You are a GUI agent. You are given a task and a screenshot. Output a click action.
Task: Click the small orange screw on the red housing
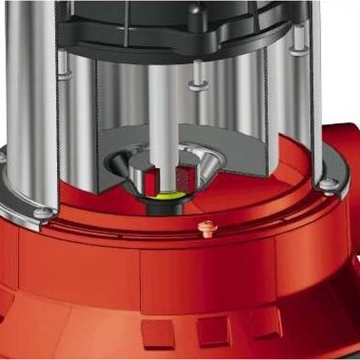[x=208, y=229]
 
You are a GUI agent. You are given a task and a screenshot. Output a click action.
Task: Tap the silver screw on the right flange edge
[x=328, y=184]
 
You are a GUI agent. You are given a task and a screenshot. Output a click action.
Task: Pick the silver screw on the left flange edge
[x=43, y=212]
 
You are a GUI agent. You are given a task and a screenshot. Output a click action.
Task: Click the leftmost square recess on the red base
[x=157, y=334]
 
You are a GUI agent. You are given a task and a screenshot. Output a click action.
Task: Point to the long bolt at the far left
[x=63, y=66]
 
